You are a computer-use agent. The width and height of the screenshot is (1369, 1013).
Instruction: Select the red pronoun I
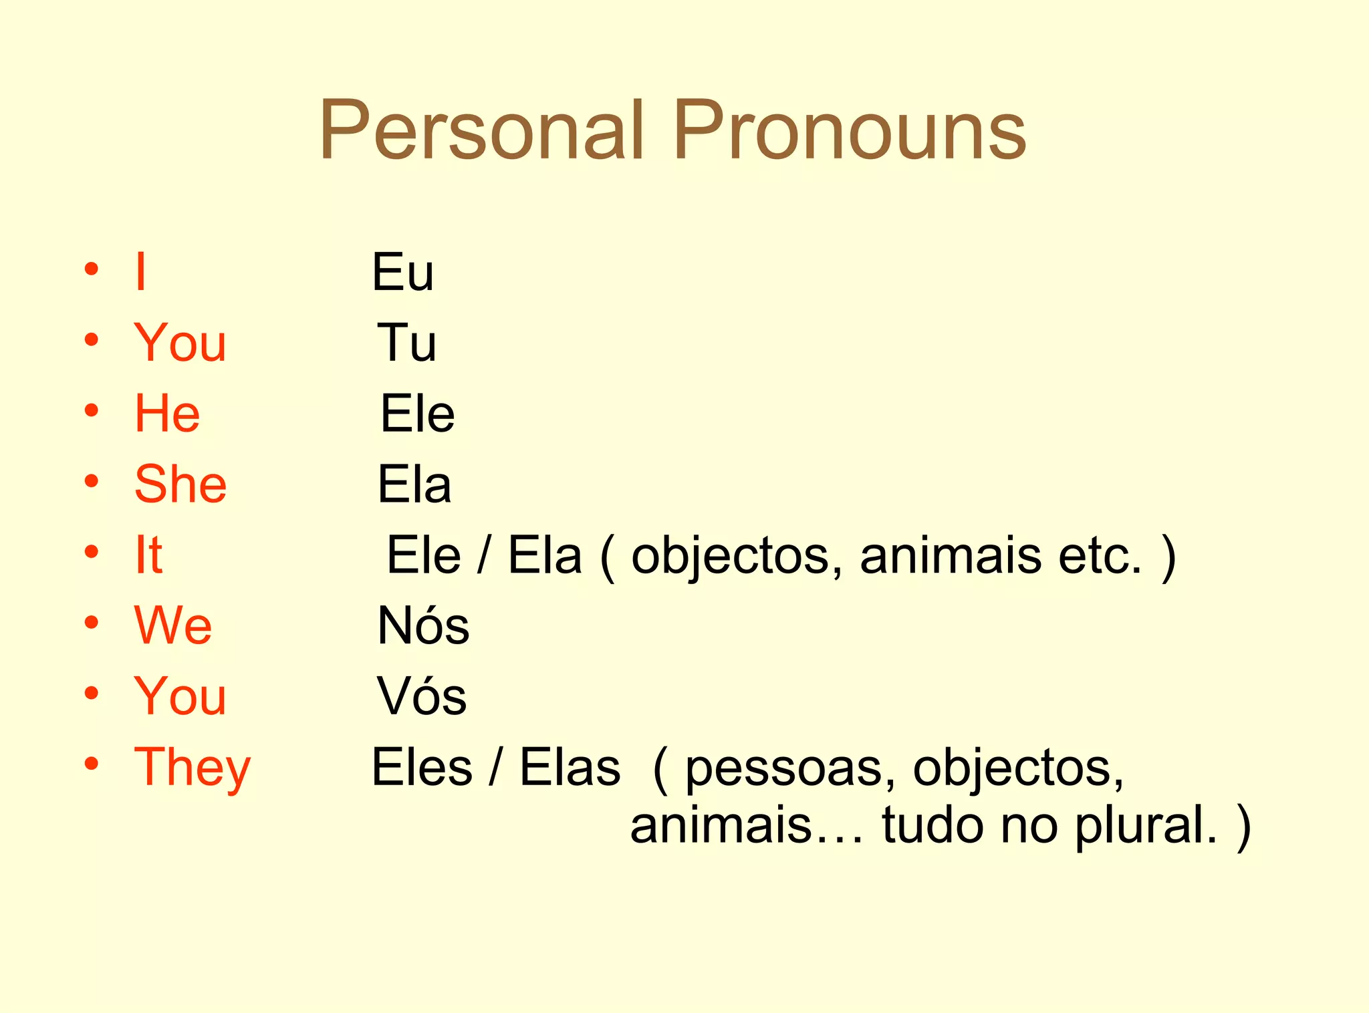tap(140, 271)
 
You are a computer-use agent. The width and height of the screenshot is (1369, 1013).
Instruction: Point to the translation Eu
tap(403, 273)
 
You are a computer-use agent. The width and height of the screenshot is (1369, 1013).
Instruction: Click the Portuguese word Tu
tap(406, 343)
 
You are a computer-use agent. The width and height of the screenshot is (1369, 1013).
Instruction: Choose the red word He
tap(167, 414)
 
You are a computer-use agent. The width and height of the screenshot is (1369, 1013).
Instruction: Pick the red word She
tap(180, 484)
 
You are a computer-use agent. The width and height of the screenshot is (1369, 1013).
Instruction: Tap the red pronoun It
tap(148, 555)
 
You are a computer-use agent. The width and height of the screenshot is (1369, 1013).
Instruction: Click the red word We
tap(173, 625)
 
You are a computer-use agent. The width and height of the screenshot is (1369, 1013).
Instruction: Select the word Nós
tap(423, 625)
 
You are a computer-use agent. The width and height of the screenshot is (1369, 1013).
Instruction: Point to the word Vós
tap(422, 696)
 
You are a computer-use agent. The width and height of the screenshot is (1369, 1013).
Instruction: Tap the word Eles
tap(422, 768)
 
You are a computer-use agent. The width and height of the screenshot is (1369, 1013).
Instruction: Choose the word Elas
tap(570, 768)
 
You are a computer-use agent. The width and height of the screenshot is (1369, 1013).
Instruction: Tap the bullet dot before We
tap(92, 623)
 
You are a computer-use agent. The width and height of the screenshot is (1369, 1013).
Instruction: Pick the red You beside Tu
tap(180, 343)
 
